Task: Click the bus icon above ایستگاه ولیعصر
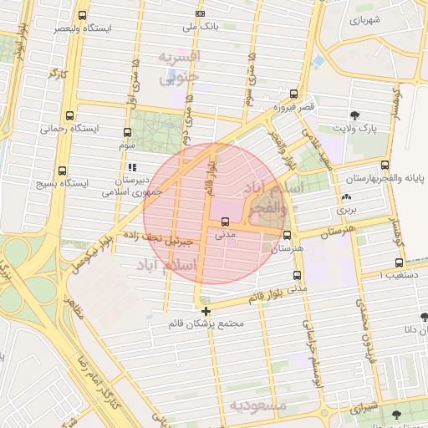tap(82, 16)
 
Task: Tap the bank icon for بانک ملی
tap(199, 13)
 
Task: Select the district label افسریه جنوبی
tap(180, 66)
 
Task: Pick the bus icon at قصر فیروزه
tap(293, 94)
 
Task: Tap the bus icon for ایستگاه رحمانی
tap(68, 116)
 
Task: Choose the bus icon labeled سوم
tap(127, 132)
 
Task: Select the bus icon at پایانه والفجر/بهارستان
tap(385, 165)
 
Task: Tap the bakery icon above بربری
tap(346, 197)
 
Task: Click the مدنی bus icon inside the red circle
tap(226, 222)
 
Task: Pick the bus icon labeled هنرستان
tap(288, 236)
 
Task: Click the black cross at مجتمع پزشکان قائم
tap(206, 312)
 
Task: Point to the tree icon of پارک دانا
tap(425, 316)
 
